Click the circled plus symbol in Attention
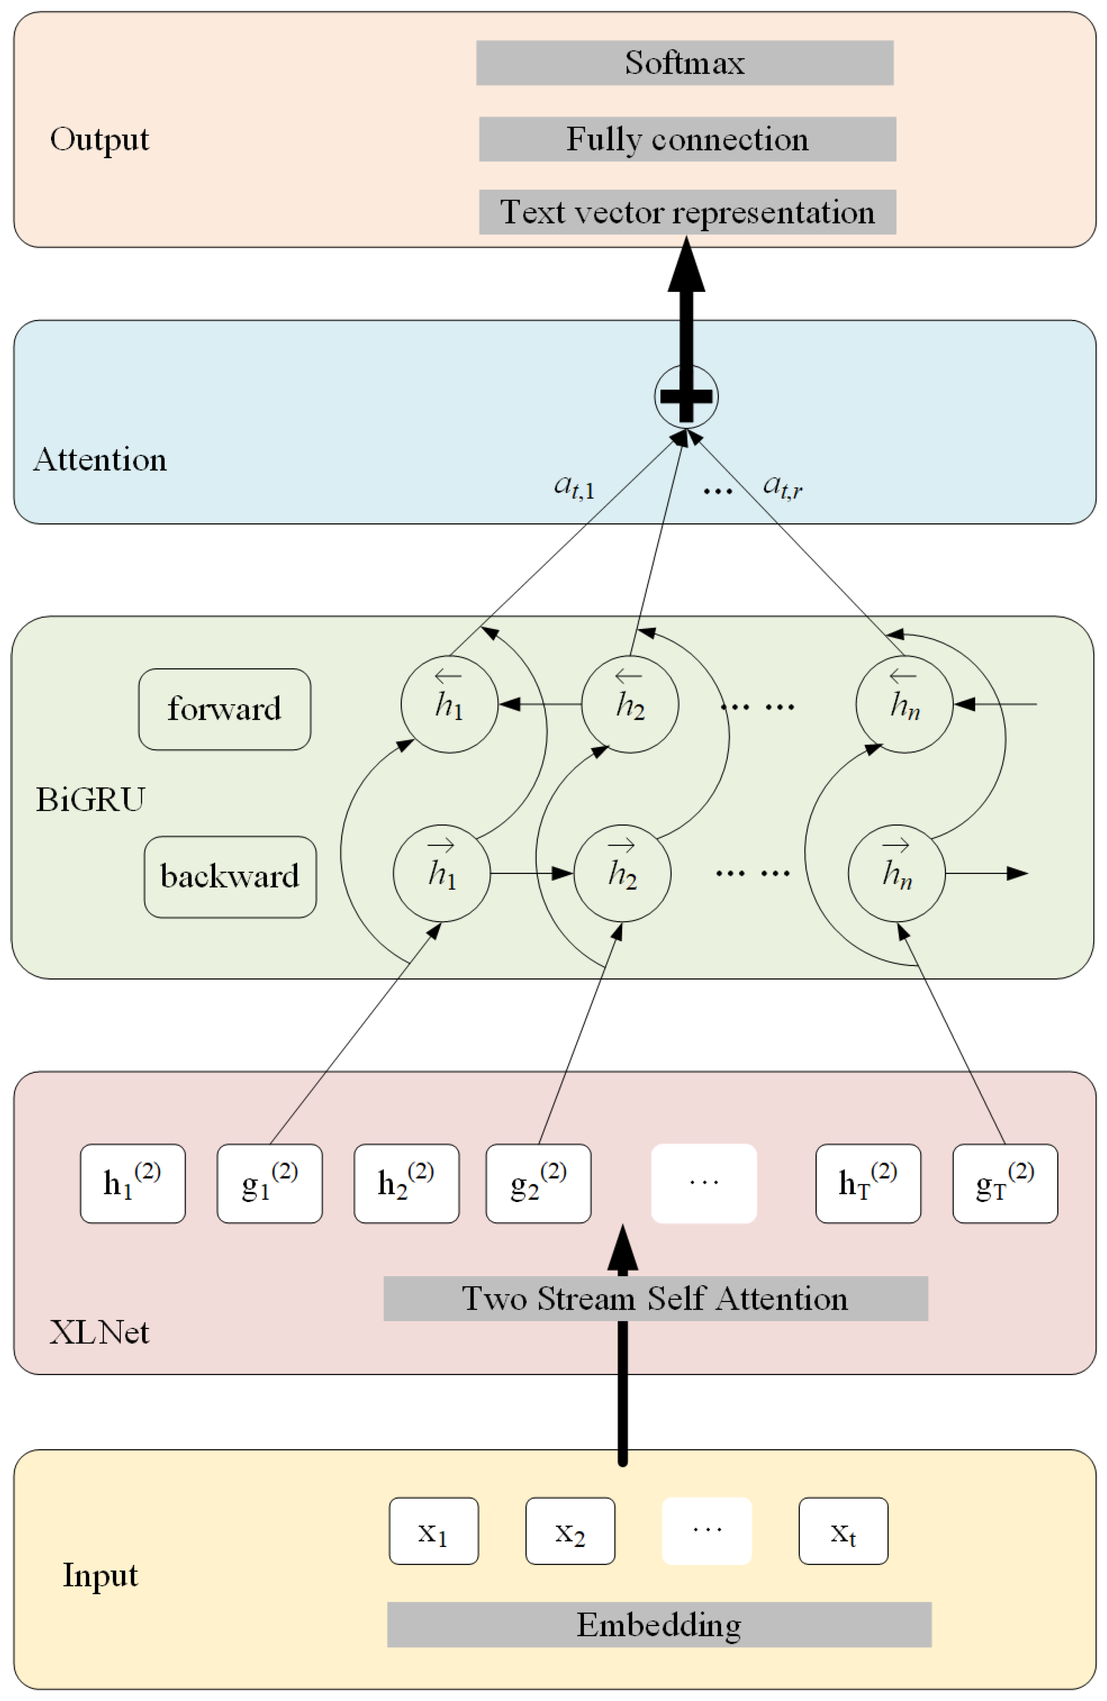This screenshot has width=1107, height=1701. pos(686,397)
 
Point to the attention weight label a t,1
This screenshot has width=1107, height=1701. pos(574,487)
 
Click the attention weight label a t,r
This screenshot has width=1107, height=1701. pos(782,487)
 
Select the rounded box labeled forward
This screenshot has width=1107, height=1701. pos(225,709)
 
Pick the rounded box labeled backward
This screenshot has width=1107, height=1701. pos(230,877)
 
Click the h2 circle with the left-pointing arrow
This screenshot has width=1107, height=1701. pos(629,704)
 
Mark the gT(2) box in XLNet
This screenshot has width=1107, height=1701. pos(1005,1184)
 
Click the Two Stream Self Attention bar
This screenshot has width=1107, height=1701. pos(655,1299)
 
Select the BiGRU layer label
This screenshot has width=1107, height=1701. pos(90,799)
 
